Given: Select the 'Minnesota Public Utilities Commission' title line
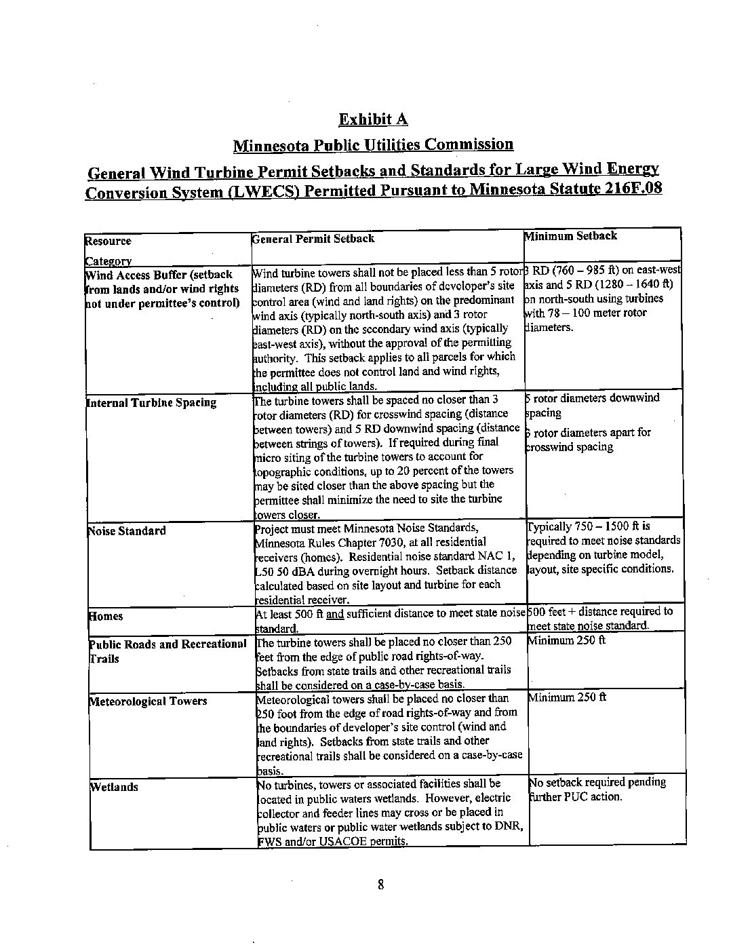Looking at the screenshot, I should pyautogui.click(x=373, y=144).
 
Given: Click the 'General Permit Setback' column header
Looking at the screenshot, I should pyautogui.click(x=313, y=239).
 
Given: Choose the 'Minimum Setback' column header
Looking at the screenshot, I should pyautogui.click(x=570, y=236).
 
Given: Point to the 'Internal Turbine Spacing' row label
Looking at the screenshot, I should pyautogui.click(x=151, y=402).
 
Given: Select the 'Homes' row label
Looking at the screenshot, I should pyautogui.click(x=106, y=616).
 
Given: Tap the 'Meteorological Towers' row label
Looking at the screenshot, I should pyautogui.click(x=148, y=701).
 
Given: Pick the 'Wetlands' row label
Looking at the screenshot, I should pyautogui.click(x=114, y=787).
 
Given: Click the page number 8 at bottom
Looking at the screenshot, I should pyautogui.click(x=380, y=884).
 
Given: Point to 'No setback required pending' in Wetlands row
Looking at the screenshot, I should pyautogui.click(x=597, y=782).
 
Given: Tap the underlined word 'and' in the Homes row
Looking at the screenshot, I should pyautogui.click(x=335, y=614).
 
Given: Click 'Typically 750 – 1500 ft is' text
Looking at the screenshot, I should pyautogui.click(x=589, y=526).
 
